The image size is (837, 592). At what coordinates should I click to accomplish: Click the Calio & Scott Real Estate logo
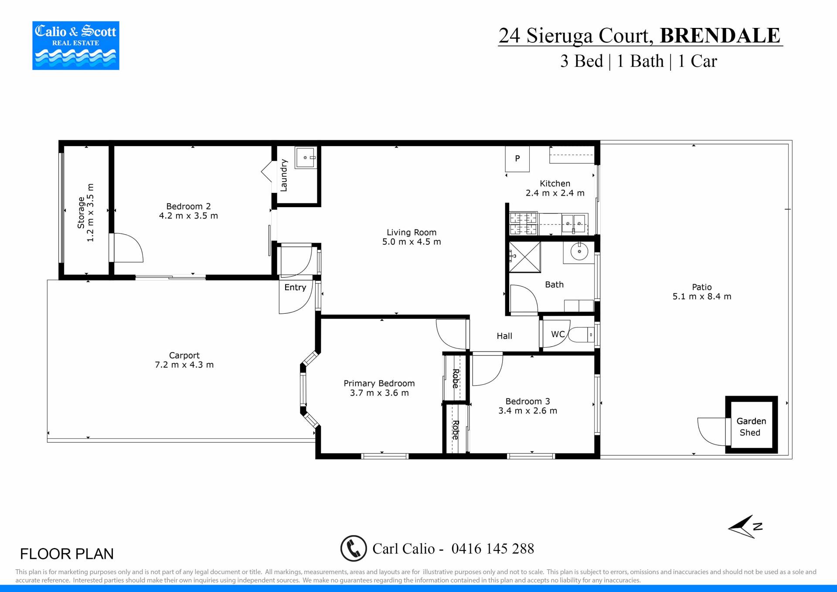point(76,45)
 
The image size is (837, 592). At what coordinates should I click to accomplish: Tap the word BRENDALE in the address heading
point(720,35)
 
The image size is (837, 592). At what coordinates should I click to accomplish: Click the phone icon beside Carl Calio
point(354,548)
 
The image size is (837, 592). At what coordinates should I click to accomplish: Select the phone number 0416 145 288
point(493,548)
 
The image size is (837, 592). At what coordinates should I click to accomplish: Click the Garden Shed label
point(751,427)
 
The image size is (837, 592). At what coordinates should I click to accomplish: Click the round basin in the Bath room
point(579,251)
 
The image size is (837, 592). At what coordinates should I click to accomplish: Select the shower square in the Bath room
point(525,257)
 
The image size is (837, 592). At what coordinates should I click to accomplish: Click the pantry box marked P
point(517,159)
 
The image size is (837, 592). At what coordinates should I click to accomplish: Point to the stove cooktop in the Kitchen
point(524,223)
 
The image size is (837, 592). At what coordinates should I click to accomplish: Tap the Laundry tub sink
point(306,157)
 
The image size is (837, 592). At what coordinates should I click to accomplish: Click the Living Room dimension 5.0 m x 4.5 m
point(412,242)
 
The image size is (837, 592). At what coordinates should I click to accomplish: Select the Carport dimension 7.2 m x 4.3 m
point(184,365)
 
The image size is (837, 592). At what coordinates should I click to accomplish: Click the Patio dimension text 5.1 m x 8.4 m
point(702,297)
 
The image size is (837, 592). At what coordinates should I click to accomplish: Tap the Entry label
point(295,287)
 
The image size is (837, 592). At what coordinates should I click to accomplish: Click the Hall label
point(504,336)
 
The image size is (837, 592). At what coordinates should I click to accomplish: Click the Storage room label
point(81,212)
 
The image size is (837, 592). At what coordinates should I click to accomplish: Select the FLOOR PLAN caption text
point(67,554)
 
